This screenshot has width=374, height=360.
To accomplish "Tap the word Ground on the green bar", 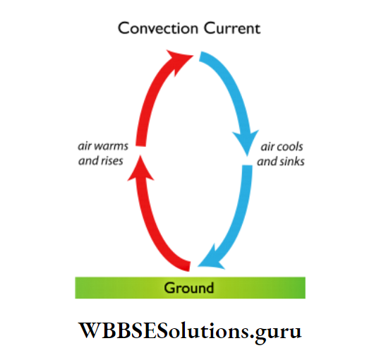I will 189,288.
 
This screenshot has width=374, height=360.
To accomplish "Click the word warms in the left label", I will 109,148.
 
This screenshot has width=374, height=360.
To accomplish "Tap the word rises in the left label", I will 111,161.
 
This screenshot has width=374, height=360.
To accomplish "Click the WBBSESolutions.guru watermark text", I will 189,330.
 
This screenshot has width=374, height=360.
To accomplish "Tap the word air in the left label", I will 84,148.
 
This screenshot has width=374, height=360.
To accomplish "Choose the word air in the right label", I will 267,148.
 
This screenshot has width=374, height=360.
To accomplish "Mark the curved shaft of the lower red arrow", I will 159,226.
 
